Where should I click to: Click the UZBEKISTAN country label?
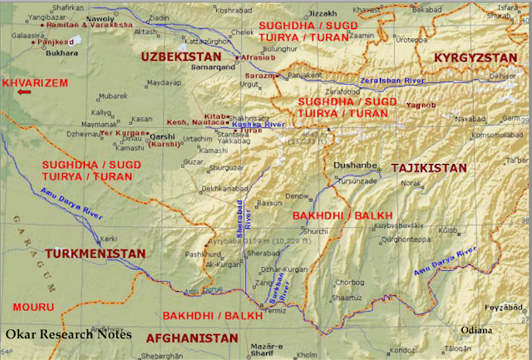click(x=180, y=57)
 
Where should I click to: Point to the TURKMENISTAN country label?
click(x=95, y=253)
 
